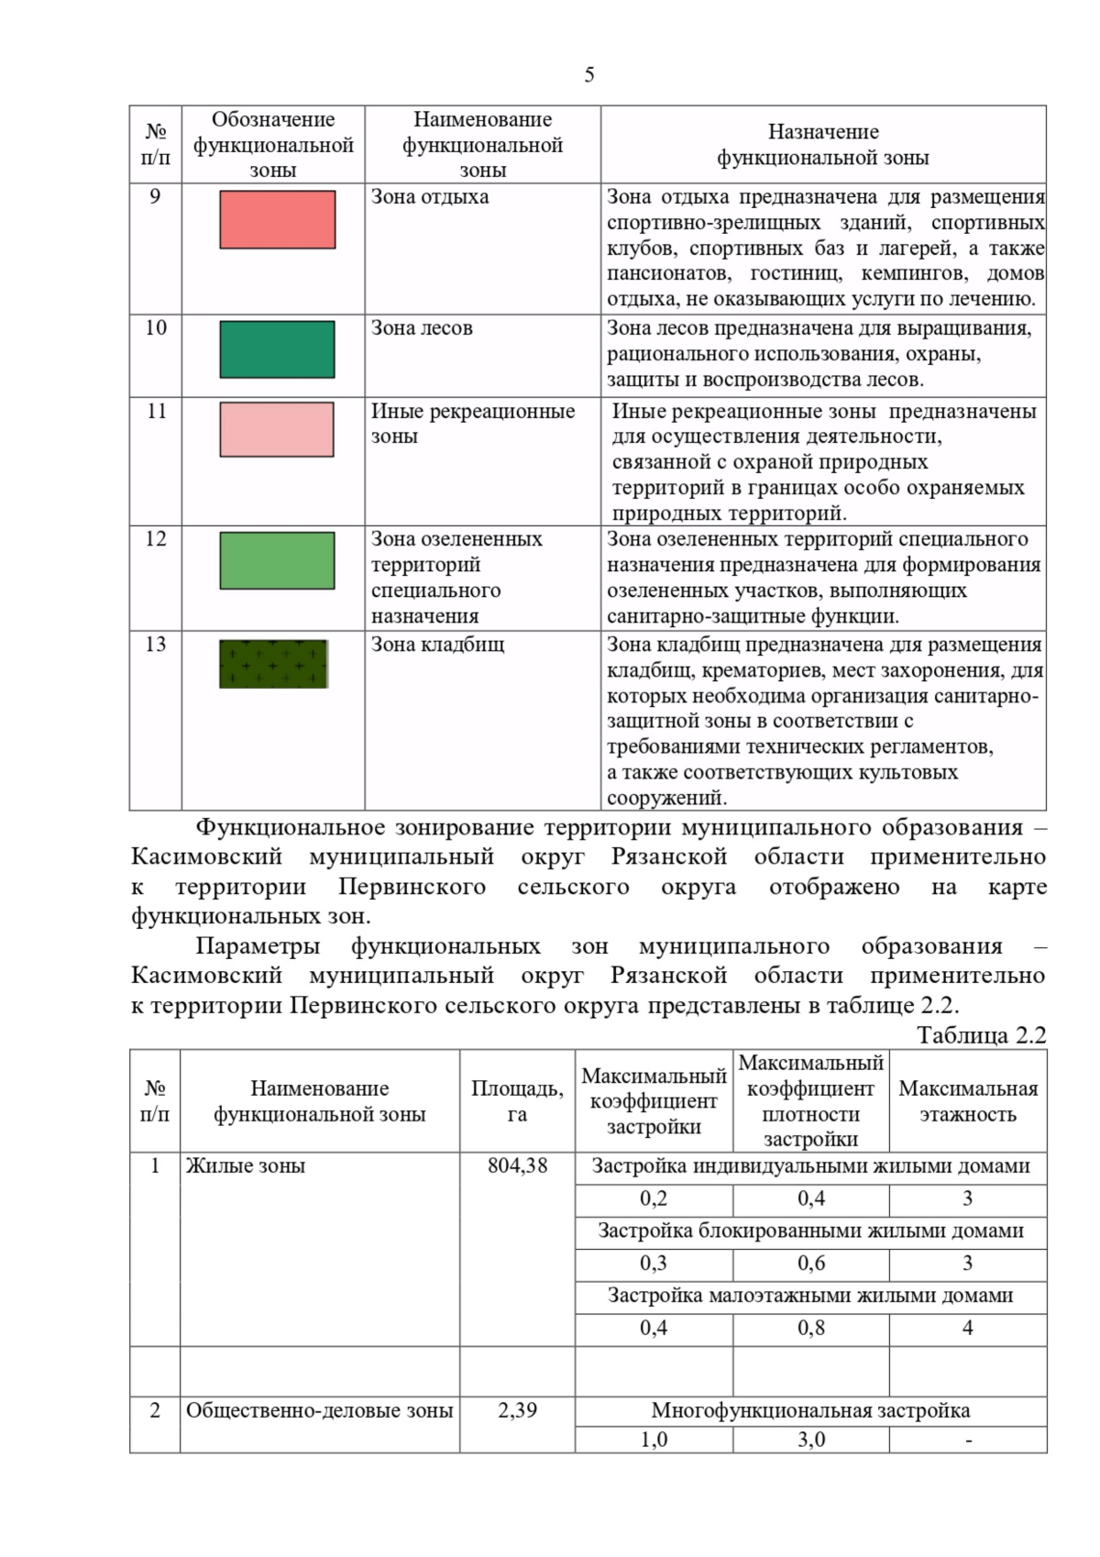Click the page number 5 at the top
coord(588,75)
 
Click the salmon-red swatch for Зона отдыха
coord(277,220)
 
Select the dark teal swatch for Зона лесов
coord(277,349)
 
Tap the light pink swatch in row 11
coord(277,429)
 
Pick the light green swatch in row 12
coord(277,560)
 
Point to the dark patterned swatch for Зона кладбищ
coord(273,664)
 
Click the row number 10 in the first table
coord(156,328)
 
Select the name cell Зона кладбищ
coord(437,645)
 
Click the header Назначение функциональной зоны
coord(822,145)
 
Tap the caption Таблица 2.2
coord(981,1035)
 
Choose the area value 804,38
coord(517,1165)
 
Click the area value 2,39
coord(517,1410)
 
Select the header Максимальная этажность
coord(968,1101)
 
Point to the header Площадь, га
coord(517,1101)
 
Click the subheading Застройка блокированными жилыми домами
coord(810,1231)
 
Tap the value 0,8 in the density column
coord(810,1328)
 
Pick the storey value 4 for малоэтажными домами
coord(967,1328)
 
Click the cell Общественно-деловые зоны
coord(319,1410)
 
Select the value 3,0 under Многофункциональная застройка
coord(810,1440)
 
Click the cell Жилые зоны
coord(245,1165)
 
